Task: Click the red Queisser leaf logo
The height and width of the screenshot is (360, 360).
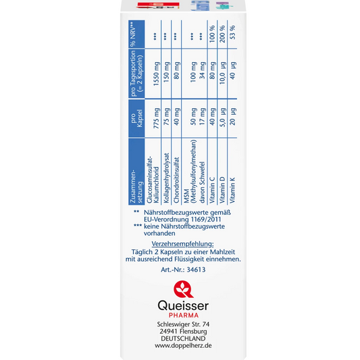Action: (183, 289)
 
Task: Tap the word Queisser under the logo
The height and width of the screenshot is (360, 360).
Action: (183, 306)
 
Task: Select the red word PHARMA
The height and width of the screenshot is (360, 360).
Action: (184, 315)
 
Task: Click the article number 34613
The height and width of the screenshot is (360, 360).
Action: (196, 269)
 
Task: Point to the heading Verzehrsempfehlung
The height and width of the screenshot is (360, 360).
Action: (183, 244)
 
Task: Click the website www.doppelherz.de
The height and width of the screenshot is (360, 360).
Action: (183, 346)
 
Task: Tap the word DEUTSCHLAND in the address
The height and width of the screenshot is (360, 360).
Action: (183, 338)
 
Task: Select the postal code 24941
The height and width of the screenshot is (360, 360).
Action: (169, 332)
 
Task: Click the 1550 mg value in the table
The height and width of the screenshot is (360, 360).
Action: (156, 74)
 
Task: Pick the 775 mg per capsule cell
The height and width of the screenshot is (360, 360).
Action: (156, 118)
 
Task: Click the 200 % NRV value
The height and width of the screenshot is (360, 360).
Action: (222, 34)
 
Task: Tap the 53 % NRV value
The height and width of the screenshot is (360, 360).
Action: (232, 32)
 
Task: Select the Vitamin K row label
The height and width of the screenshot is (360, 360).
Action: (232, 190)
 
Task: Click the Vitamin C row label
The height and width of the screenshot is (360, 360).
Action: (212, 190)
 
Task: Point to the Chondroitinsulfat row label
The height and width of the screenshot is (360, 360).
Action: (176, 180)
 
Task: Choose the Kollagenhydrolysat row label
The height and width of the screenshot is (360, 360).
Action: (166, 178)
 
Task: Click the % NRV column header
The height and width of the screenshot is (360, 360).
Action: (133, 34)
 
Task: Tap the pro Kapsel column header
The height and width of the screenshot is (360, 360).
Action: (136, 118)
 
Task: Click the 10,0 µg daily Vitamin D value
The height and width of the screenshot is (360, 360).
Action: (222, 73)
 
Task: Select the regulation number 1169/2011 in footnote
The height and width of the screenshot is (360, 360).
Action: (206, 220)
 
